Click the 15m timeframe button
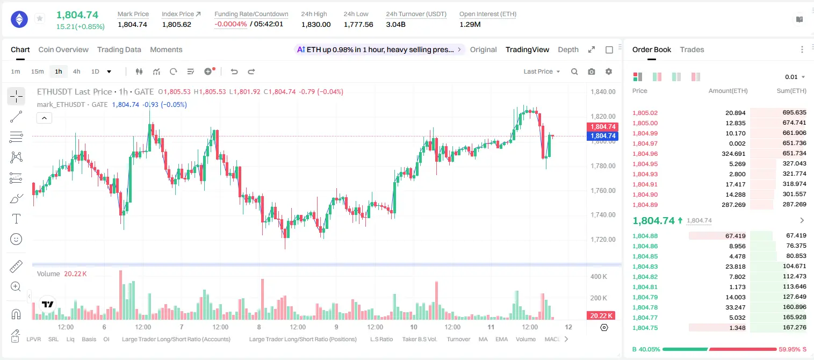coord(38,71)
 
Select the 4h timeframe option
coord(76,71)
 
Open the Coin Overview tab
coord(63,49)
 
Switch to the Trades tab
coord(692,49)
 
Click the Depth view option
coord(568,49)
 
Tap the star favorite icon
coord(40,18)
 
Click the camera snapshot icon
coord(592,71)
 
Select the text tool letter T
coord(16,219)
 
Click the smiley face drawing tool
coord(16,239)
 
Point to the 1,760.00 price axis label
coord(603,190)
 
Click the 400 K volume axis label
coord(599,277)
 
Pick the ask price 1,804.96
coord(645,154)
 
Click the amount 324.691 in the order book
coord(733,154)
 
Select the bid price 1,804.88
coord(645,236)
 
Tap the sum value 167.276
coord(794,327)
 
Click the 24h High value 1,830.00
coord(316,24)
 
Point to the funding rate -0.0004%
coord(230,24)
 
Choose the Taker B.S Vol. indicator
coord(419,339)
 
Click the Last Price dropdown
coord(542,71)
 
